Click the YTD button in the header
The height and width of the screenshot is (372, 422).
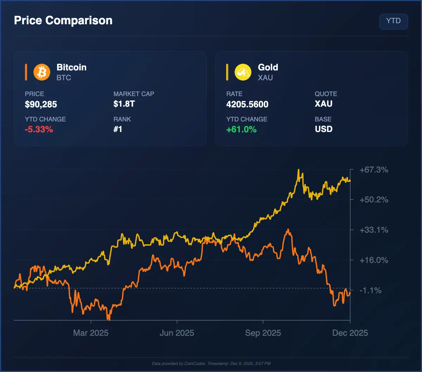pos(394,21)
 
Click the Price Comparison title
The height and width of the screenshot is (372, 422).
pos(63,20)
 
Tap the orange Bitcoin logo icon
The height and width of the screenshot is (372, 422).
pos(42,72)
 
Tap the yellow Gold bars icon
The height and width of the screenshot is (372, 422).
pos(243,72)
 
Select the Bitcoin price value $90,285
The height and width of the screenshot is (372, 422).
pos(41,105)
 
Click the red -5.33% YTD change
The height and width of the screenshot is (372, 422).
pos(39,130)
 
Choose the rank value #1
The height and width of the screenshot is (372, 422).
pos(118,130)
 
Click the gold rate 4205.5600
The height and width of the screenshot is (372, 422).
pos(247,105)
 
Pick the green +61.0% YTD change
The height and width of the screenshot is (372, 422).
pos(241,130)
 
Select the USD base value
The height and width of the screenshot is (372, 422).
pos(324,129)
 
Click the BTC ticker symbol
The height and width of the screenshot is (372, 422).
pos(64,78)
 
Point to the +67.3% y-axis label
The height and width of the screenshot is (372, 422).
pos(374,170)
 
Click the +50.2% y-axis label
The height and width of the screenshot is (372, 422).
pos(374,200)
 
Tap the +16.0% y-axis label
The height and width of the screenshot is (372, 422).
pos(374,260)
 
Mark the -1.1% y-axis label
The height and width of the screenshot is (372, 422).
pos(371,291)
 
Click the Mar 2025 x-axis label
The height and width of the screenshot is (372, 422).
pos(91,333)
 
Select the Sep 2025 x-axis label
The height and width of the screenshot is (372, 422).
pos(263,333)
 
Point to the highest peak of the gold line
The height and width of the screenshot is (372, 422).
pos(298,170)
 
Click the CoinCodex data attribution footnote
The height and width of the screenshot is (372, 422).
pos(211,364)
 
